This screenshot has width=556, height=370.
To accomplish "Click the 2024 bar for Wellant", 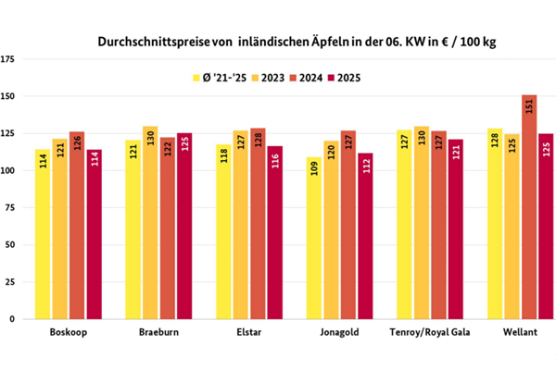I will (529, 208).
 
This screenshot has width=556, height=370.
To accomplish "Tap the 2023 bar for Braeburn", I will (149, 222).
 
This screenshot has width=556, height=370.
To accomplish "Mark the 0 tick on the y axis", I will (13, 319).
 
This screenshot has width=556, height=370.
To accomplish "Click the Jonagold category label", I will (344, 332).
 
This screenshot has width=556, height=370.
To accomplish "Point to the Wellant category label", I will (521, 332).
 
